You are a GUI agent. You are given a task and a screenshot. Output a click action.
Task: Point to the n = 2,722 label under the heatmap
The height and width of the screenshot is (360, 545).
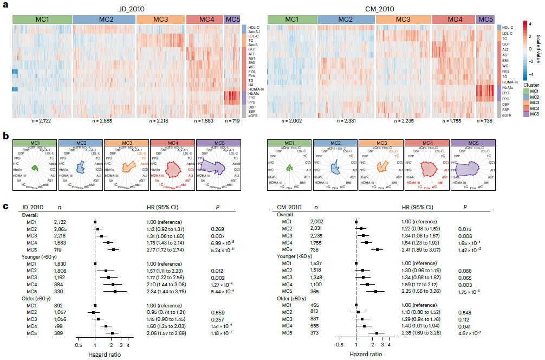click(42, 120)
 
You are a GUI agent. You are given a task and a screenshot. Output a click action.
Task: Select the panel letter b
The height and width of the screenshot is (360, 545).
click(5, 135)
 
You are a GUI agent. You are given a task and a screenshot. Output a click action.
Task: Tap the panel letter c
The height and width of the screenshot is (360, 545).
click(5, 207)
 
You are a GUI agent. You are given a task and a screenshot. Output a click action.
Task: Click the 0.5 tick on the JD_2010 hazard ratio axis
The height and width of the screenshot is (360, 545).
click(78, 344)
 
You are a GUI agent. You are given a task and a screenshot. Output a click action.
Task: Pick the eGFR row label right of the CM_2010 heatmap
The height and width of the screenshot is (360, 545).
click(507, 115)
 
